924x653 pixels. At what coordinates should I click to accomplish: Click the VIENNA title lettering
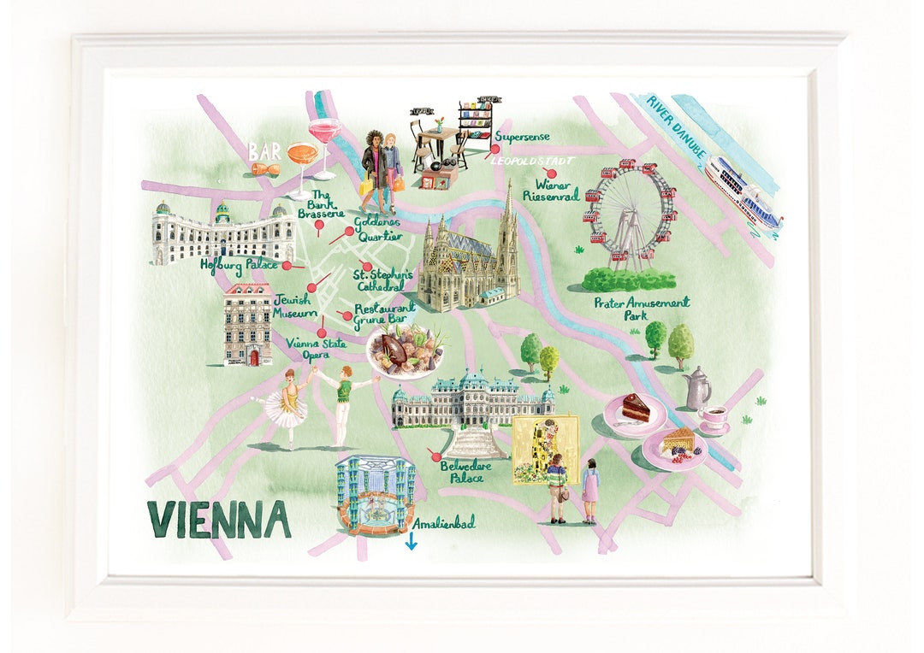point(219,519)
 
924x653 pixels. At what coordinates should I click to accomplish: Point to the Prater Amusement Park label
point(642,308)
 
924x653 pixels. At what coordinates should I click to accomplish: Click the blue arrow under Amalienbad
point(412,541)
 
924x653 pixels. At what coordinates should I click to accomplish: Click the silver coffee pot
point(698,389)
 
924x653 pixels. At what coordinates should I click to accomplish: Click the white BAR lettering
point(264,151)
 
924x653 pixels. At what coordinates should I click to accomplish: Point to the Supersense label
point(522,137)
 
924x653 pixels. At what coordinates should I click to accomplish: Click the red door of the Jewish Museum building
point(253,357)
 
